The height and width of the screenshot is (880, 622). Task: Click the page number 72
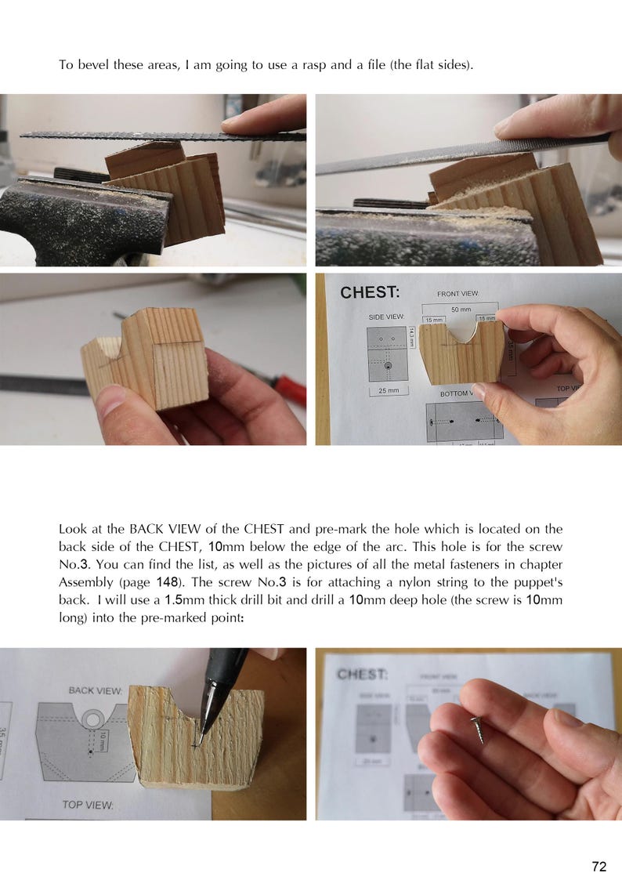pyautogui.click(x=598, y=866)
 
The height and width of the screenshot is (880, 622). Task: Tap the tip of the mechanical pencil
pyautogui.click(x=198, y=741)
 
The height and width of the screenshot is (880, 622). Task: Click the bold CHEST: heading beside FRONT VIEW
pyautogui.click(x=370, y=292)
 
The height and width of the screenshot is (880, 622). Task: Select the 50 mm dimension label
pyautogui.click(x=450, y=310)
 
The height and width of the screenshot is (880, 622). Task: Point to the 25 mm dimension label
pyautogui.click(x=388, y=389)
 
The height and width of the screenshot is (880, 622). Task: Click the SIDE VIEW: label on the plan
pyautogui.click(x=386, y=317)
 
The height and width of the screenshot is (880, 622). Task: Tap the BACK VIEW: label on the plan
pyautogui.click(x=95, y=690)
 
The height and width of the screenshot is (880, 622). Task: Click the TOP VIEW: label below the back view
pyautogui.click(x=88, y=805)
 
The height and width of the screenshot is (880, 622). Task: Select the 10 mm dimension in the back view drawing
pyautogui.click(x=102, y=739)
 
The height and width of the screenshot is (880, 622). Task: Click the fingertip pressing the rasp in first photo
pyautogui.click(x=247, y=122)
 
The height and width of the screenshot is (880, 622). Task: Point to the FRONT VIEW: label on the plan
pyautogui.click(x=457, y=294)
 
